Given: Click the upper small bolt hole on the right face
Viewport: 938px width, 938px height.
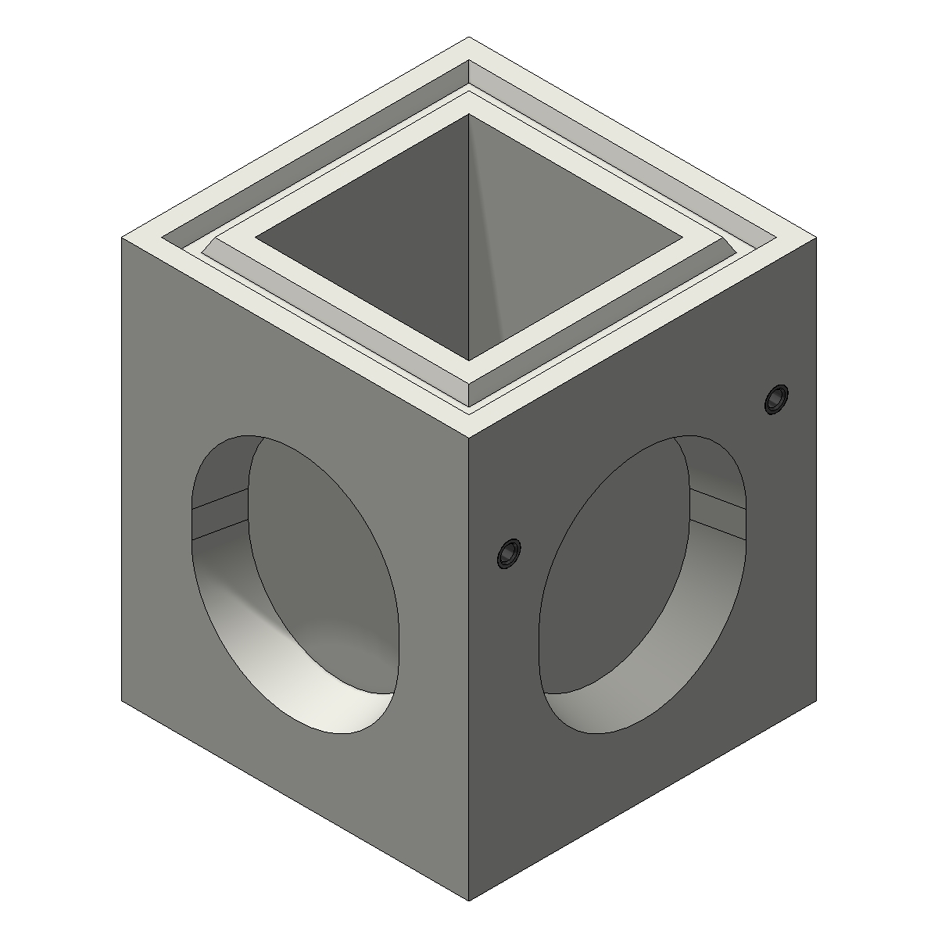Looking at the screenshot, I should click(x=775, y=399).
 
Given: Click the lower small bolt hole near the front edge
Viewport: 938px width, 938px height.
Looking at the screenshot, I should click(x=509, y=554).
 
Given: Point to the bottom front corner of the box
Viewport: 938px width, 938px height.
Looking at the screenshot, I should click(x=468, y=900).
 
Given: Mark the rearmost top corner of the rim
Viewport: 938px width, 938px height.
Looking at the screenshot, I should click(x=468, y=38).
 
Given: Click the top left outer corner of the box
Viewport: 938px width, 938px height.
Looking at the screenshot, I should click(x=123, y=238).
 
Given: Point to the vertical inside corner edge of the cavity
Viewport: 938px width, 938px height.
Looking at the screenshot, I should click(x=469, y=234).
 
